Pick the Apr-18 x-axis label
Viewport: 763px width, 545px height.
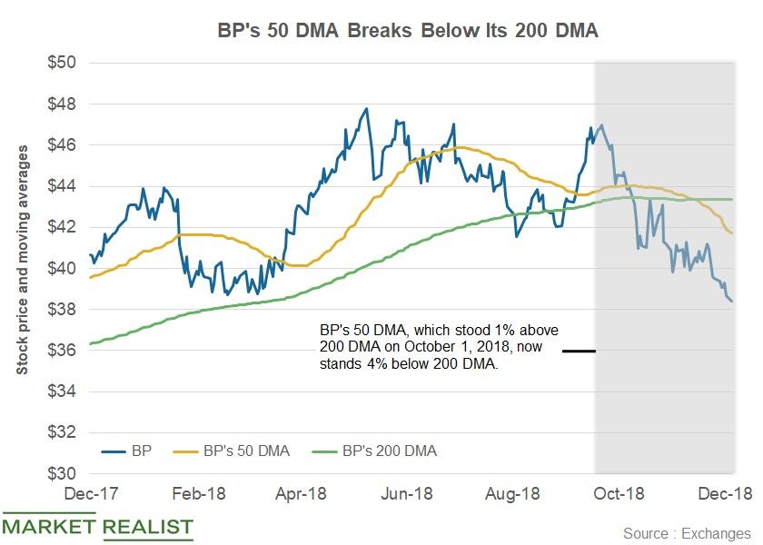302,494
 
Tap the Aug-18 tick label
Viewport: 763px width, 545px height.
514,494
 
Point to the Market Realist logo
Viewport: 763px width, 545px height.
97,526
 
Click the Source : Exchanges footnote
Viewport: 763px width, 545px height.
687,532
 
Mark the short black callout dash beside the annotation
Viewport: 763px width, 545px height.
578,351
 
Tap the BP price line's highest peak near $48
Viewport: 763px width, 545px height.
366,109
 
